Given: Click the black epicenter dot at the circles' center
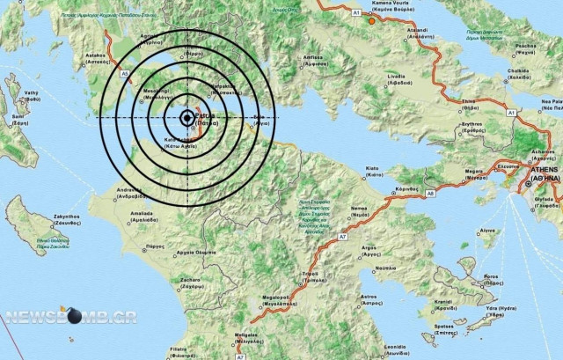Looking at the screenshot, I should pos(188,118).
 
